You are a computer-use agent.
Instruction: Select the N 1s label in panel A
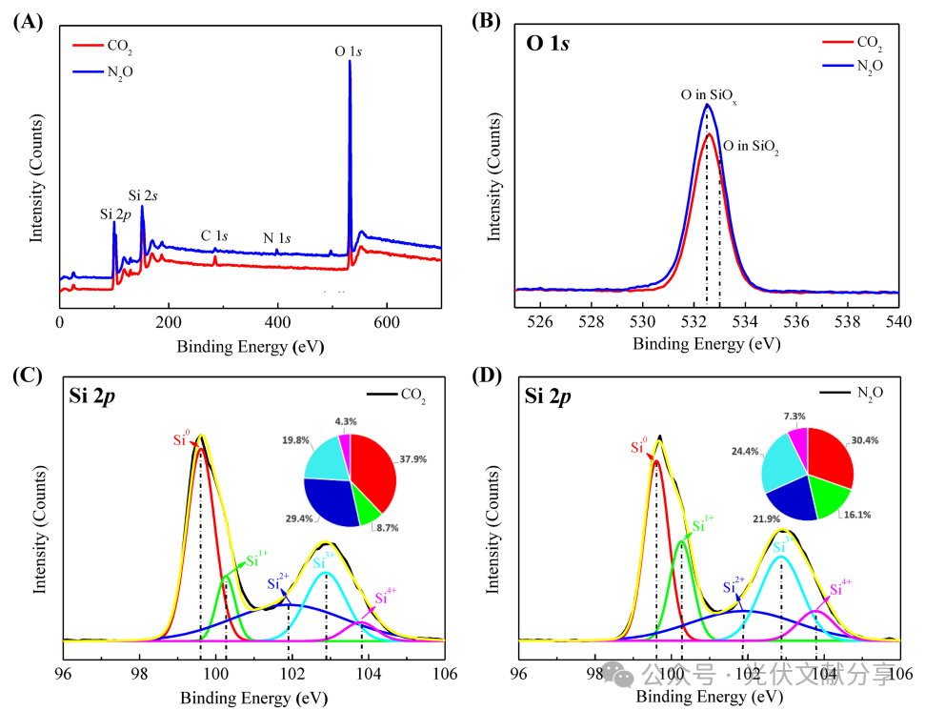pos(280,237)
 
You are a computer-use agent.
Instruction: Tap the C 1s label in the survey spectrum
pos(214,235)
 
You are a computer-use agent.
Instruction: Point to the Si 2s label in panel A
pos(144,194)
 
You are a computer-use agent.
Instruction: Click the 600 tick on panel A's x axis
pos(386,324)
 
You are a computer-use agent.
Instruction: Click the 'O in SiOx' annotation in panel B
pos(708,95)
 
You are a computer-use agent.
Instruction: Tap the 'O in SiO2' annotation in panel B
pos(754,147)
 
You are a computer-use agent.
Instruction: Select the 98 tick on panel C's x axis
pos(140,674)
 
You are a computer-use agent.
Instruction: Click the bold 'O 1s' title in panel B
pos(548,43)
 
